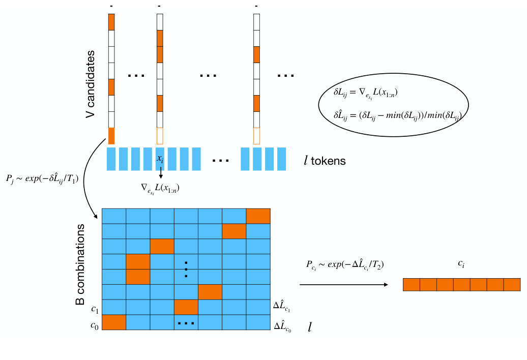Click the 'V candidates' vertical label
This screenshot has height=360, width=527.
91,84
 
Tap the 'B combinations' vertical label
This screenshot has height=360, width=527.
80,270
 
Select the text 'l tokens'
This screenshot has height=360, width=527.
328,161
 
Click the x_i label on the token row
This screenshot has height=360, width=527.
160,159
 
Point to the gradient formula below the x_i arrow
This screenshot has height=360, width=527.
160,188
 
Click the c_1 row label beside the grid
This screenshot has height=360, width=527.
95,309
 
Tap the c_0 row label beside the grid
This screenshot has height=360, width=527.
95,324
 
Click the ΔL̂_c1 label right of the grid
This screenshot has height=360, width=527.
282,309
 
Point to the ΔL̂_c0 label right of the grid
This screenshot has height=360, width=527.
282,325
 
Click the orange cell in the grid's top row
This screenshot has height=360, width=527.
258,216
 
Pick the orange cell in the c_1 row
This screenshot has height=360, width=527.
186,308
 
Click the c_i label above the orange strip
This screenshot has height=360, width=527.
461,264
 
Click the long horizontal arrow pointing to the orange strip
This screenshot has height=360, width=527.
344,285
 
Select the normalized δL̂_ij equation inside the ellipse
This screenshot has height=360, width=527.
393,116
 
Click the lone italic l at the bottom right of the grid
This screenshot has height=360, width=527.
309,326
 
